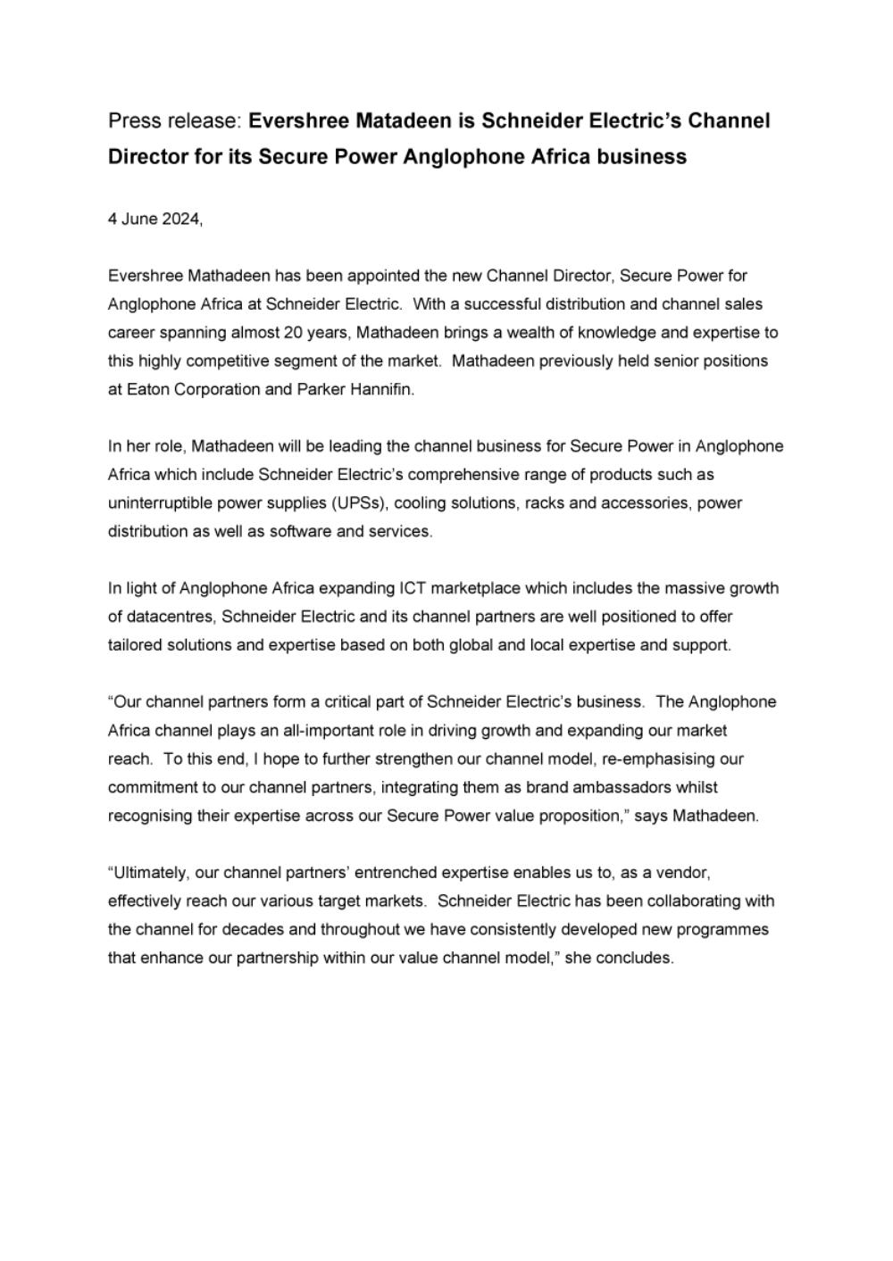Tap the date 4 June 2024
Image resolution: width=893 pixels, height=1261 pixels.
pyautogui.click(x=154, y=219)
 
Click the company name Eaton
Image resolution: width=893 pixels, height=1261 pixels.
pyautogui.click(x=146, y=390)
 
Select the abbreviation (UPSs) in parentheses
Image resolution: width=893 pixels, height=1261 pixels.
pyautogui.click(x=360, y=503)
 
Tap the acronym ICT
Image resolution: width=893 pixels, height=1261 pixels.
pyautogui.click(x=412, y=588)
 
